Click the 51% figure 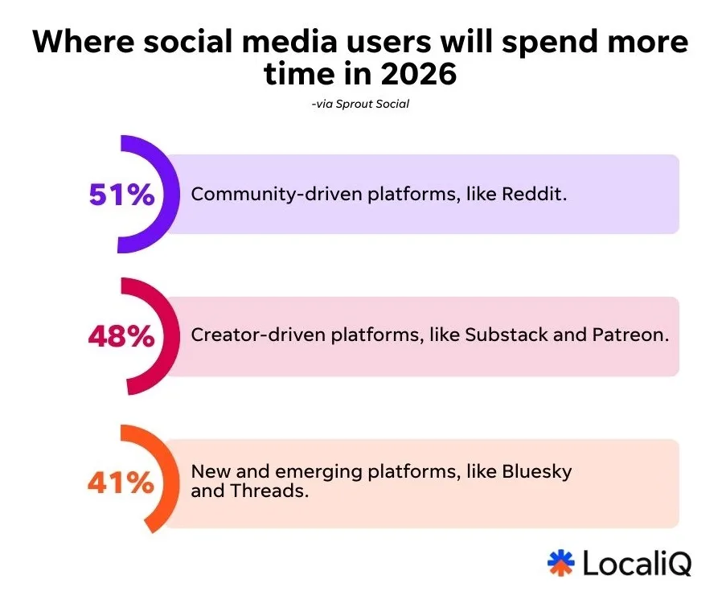point(121,195)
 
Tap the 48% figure point(121,336)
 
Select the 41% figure point(120,483)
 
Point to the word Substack point(500,335)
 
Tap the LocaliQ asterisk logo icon point(560,563)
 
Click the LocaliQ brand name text point(636,564)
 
